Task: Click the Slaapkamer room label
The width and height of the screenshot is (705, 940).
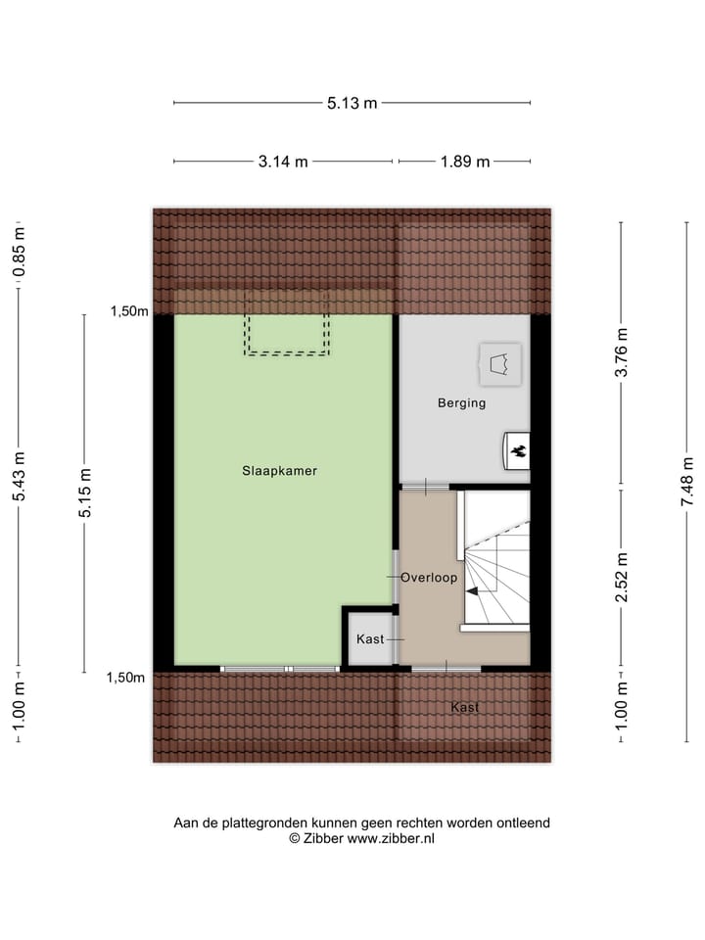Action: click(279, 470)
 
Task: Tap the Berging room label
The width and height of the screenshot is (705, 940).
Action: click(461, 402)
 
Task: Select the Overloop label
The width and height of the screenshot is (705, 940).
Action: click(429, 578)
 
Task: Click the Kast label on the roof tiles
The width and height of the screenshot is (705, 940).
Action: click(464, 707)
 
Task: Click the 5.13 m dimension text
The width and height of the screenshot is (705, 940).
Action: click(352, 103)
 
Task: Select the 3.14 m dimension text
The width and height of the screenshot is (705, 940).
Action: click(283, 162)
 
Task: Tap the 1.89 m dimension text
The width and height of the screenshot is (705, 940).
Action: click(465, 162)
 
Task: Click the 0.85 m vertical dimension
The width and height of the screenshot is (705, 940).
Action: click(19, 252)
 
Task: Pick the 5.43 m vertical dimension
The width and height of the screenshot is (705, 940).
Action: click(19, 477)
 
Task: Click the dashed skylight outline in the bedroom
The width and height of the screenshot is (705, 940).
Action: click(286, 323)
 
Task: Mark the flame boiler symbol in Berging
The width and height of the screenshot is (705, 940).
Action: click(517, 450)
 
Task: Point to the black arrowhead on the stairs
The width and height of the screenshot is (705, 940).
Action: click(473, 591)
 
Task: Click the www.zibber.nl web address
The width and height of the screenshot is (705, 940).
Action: click(391, 838)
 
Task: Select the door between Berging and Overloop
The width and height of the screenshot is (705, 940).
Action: click(425, 487)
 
